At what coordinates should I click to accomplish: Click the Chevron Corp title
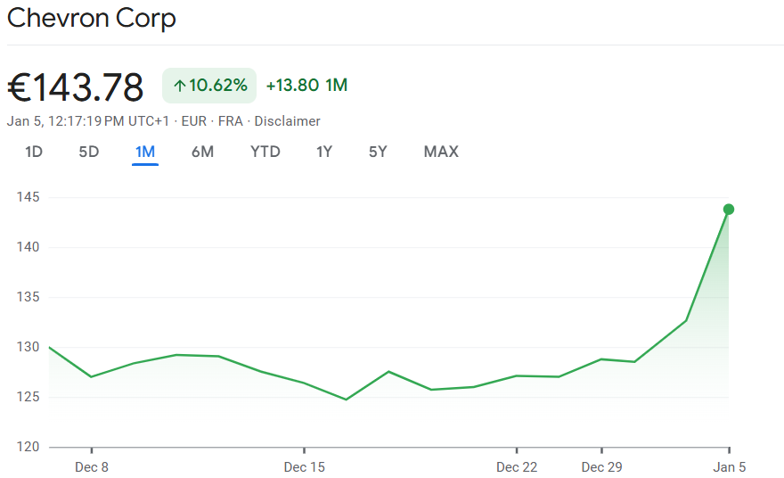(91, 18)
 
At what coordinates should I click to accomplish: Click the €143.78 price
(76, 87)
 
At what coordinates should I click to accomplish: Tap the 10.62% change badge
(209, 86)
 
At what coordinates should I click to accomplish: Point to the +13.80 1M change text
(306, 86)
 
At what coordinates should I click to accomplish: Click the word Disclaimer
(287, 121)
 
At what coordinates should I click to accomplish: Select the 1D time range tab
(34, 152)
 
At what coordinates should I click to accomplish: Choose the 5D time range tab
(89, 152)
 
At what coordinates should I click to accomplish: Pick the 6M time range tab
(202, 152)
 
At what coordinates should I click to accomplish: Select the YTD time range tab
(265, 152)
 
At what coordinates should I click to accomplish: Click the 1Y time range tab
(324, 152)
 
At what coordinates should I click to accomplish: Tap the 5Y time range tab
(378, 152)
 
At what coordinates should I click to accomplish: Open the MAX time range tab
(441, 152)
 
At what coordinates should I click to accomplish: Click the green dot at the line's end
(729, 210)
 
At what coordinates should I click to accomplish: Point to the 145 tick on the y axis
(28, 197)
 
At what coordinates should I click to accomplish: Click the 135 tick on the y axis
(28, 297)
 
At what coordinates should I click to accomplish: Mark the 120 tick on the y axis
(28, 447)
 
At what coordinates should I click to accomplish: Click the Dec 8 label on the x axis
(92, 467)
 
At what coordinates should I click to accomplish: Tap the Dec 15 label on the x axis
(304, 467)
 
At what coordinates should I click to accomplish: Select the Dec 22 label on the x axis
(517, 467)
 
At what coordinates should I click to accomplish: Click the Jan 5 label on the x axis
(730, 467)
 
